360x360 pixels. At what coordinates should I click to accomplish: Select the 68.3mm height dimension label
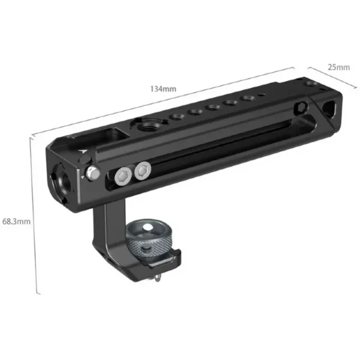click(x=16, y=221)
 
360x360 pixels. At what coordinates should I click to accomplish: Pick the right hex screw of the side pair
click(x=142, y=172)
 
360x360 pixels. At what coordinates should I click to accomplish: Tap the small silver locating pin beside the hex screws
click(x=92, y=173)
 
